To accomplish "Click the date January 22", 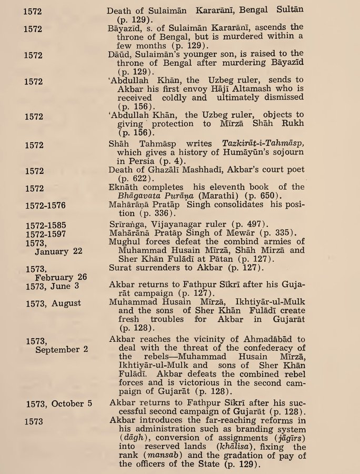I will coord(58,251).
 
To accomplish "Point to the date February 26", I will coord(61,277).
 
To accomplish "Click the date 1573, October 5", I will coord(59,403).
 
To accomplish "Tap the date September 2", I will coord(62,350).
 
